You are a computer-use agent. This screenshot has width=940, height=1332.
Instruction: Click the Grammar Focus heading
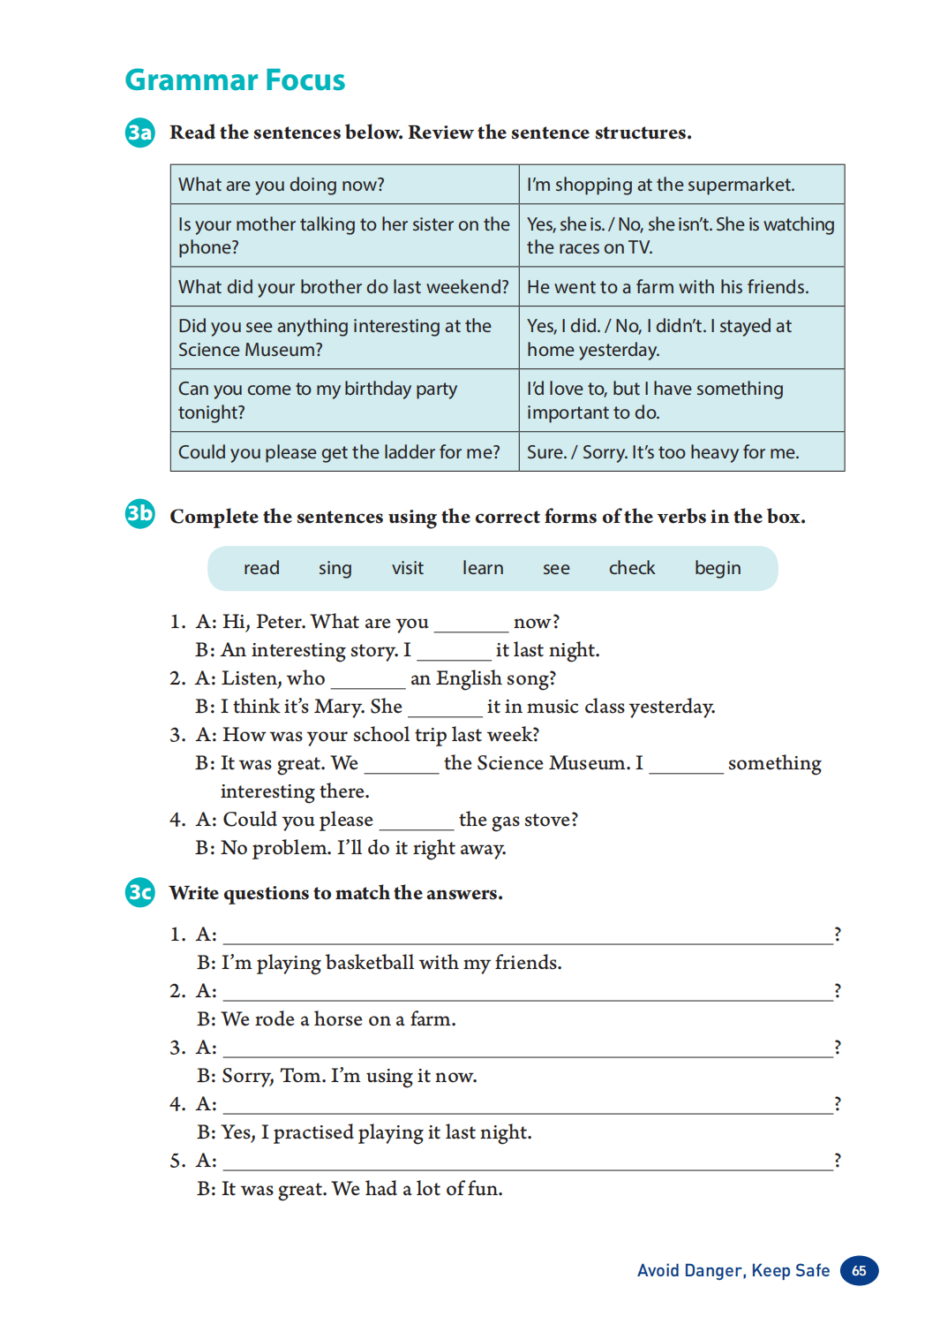(x=235, y=79)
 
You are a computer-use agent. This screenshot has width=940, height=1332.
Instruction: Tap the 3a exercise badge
(x=139, y=132)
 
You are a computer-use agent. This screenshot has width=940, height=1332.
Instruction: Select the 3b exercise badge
(x=139, y=513)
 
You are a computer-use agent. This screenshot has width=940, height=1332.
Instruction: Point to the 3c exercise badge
(x=139, y=892)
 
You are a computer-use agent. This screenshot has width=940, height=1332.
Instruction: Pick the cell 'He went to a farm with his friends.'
(x=667, y=287)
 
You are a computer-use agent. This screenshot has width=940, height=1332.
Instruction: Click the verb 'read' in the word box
(x=261, y=568)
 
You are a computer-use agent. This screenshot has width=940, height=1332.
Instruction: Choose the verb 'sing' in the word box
(x=335, y=568)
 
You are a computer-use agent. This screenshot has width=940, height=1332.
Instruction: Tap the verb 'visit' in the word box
(x=408, y=568)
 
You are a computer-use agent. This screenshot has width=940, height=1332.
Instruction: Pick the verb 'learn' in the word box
(x=483, y=568)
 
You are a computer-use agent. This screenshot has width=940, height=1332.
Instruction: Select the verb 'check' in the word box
(x=632, y=568)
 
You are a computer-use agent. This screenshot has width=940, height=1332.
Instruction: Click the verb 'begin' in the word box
(x=718, y=568)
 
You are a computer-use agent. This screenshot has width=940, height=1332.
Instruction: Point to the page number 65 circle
(x=859, y=1270)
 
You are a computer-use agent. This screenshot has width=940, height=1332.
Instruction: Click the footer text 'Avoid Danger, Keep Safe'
(x=733, y=1270)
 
